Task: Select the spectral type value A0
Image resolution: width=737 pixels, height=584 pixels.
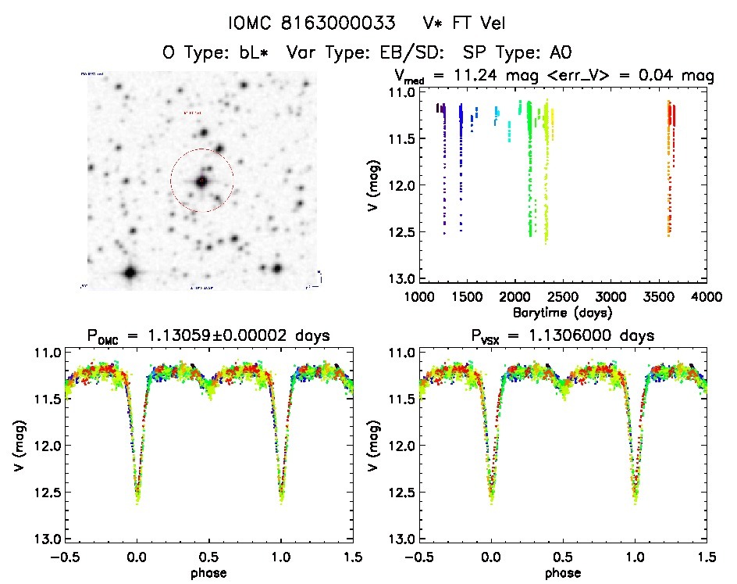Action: click(561, 53)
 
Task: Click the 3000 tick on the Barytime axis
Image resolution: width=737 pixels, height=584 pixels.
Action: click(611, 297)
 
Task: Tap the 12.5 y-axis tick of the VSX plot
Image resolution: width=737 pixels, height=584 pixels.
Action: click(399, 493)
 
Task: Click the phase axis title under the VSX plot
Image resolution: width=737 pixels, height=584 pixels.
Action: click(562, 571)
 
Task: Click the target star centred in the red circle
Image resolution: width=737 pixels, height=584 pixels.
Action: click(201, 181)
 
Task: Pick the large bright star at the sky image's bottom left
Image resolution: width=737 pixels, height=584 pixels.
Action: click(130, 273)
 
